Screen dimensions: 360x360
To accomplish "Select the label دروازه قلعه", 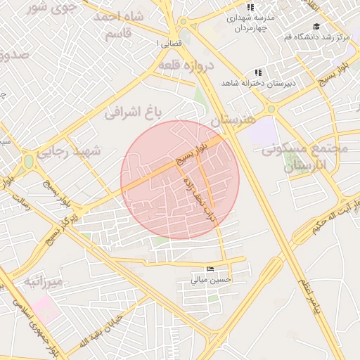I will click(x=185, y=65).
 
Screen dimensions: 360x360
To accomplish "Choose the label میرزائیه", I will click(x=44, y=281).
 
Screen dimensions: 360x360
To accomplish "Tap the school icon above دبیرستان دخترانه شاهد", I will click(x=258, y=72).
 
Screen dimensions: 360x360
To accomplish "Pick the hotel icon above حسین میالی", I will click(x=211, y=270).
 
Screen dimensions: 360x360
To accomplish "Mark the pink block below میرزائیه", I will click(x=44, y=309).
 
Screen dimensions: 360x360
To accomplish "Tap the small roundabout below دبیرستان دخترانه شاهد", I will click(x=271, y=109).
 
